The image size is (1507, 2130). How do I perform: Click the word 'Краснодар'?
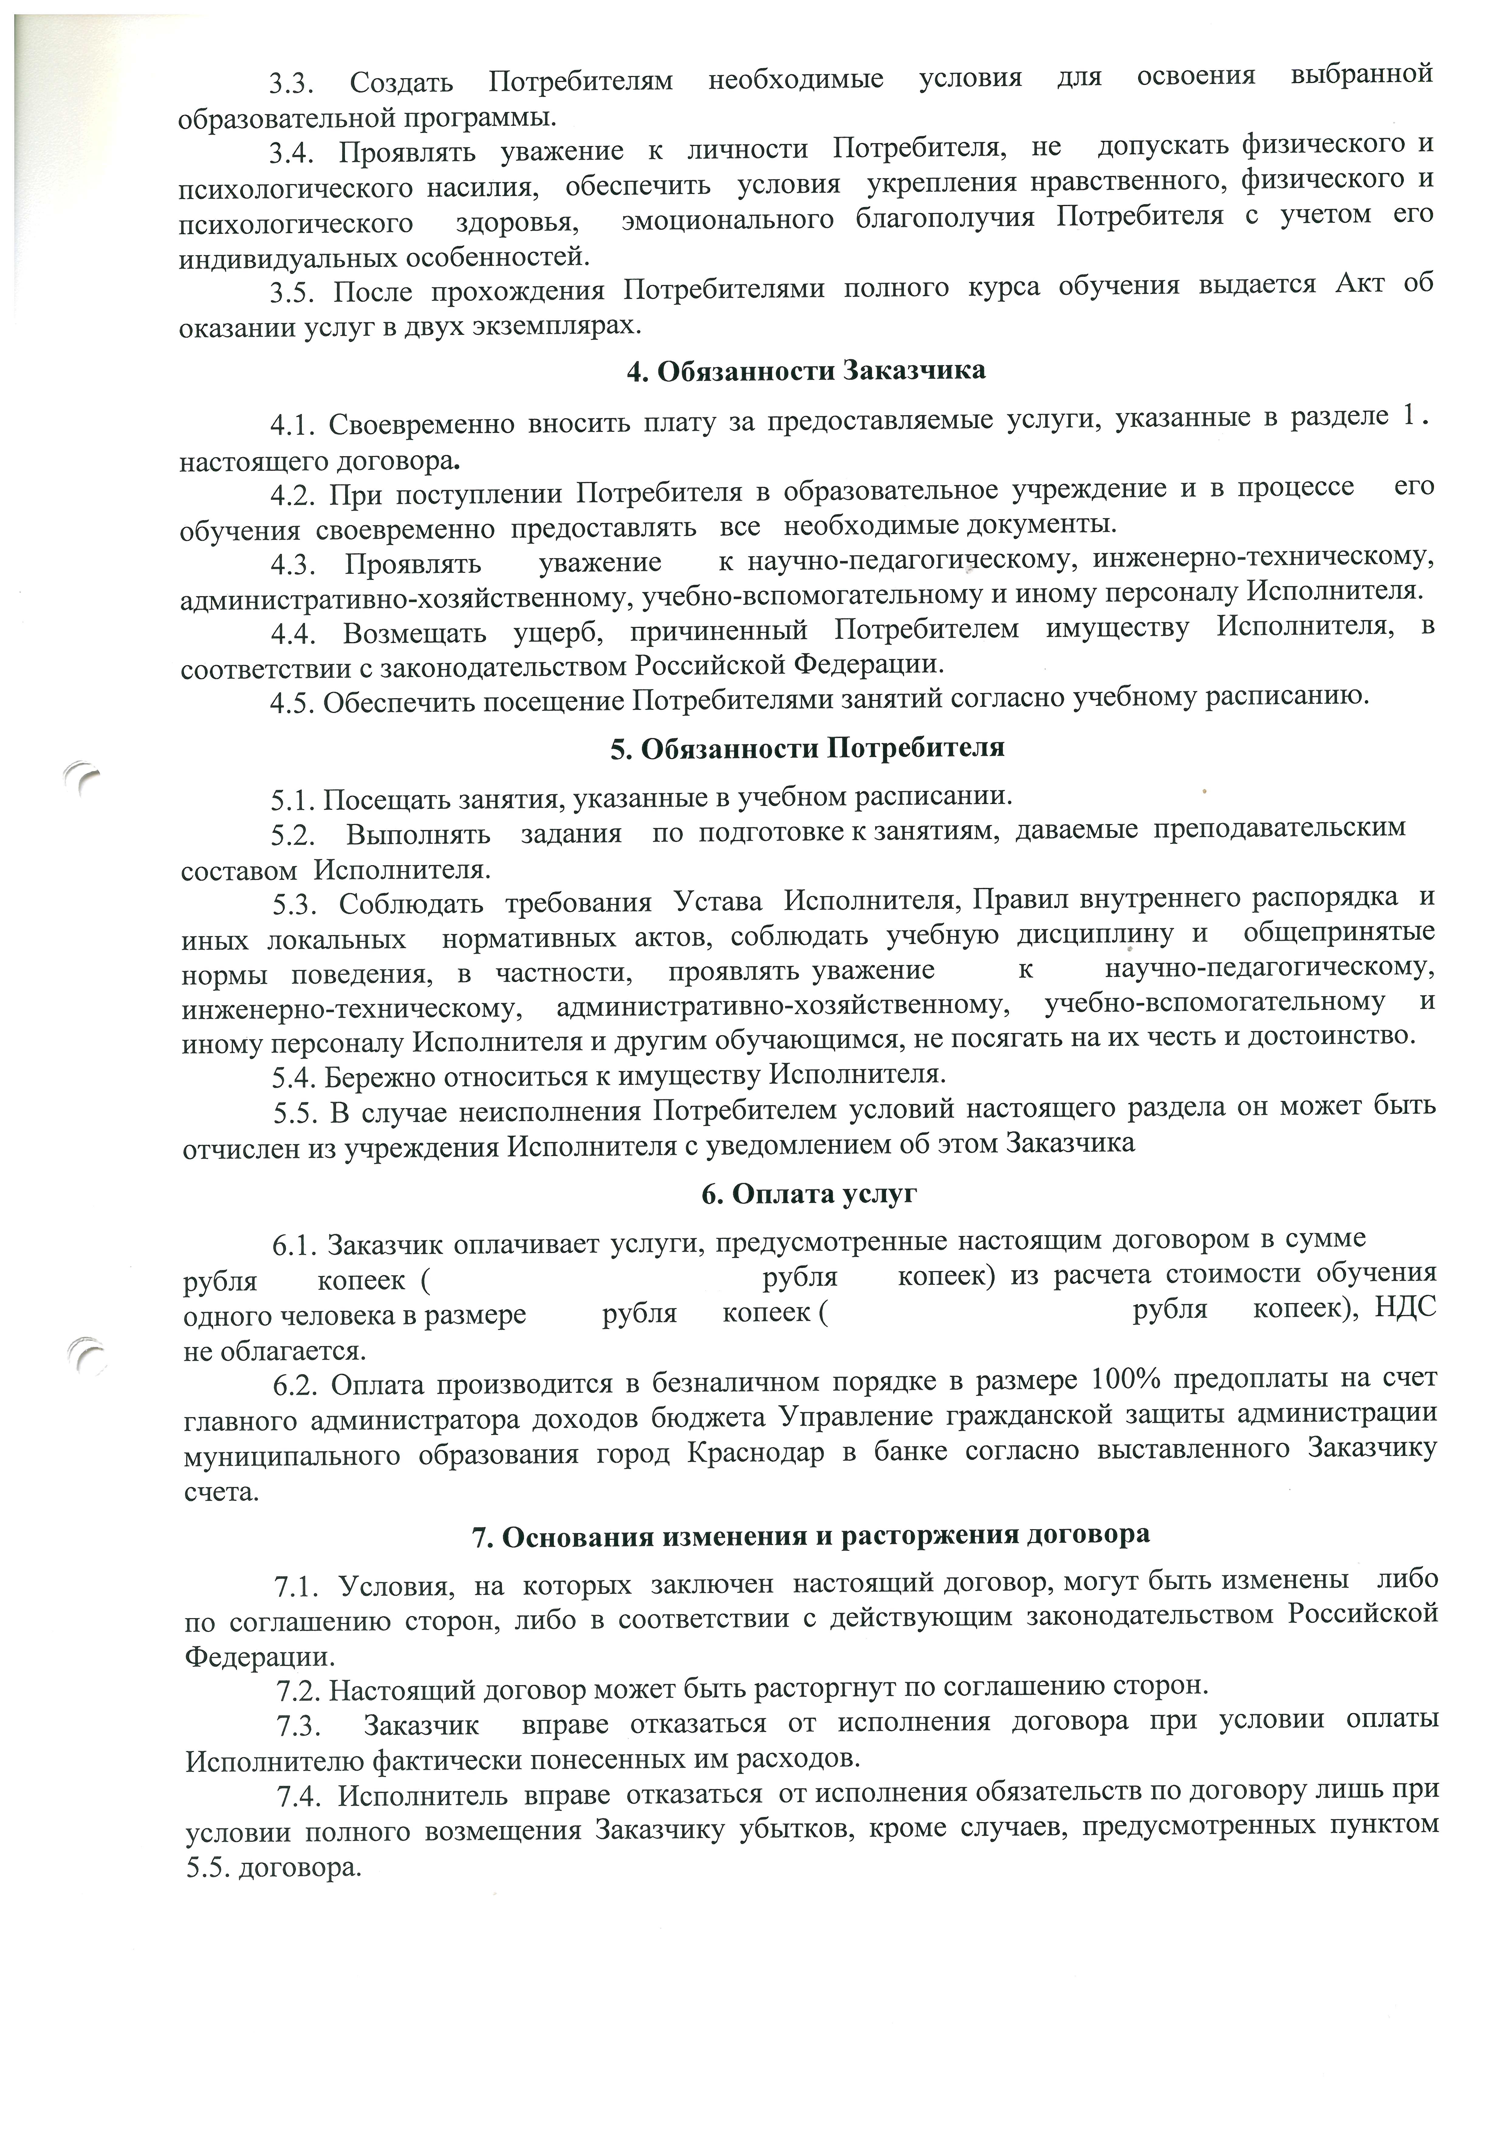pyautogui.click(x=756, y=1454)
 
